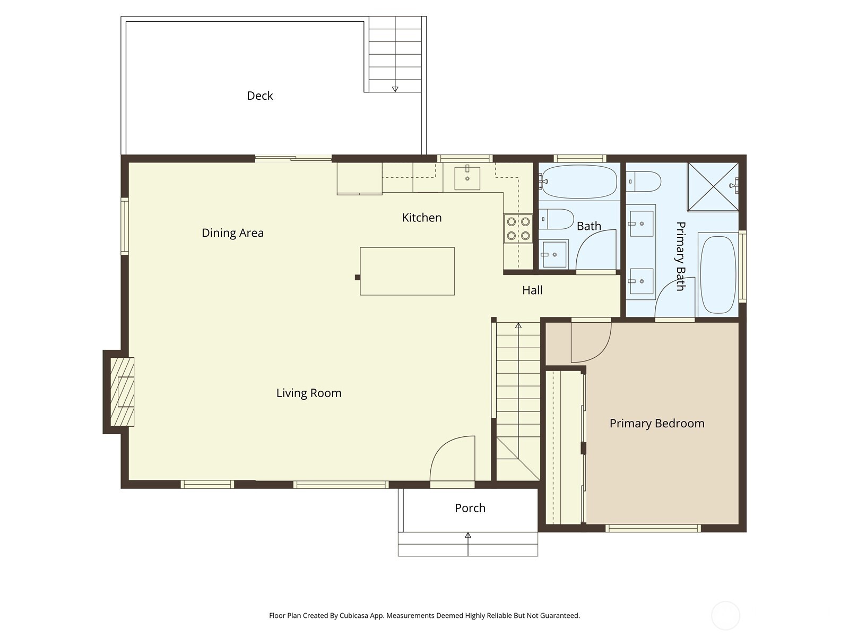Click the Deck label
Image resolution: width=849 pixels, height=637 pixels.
coord(259,96)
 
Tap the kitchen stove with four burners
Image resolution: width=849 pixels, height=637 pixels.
coord(518,229)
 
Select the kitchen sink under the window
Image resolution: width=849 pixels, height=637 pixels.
coord(467,178)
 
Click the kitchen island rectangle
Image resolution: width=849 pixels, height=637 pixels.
coord(407,271)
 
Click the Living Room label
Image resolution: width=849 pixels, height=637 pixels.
coord(308,393)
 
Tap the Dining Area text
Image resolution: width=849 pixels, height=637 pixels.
coord(232,233)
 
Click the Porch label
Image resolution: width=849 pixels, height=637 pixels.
coord(470,508)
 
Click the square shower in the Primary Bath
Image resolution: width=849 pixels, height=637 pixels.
coord(712,187)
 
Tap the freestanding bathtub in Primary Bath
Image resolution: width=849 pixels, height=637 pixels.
coord(718,274)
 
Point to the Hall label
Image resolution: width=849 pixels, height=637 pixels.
coord(532,290)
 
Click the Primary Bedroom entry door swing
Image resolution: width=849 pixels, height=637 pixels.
coord(590,341)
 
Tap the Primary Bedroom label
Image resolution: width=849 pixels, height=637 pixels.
coord(656,424)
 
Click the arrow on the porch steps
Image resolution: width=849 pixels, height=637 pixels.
coord(467,536)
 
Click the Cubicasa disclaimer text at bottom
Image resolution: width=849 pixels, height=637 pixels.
coord(424,616)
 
